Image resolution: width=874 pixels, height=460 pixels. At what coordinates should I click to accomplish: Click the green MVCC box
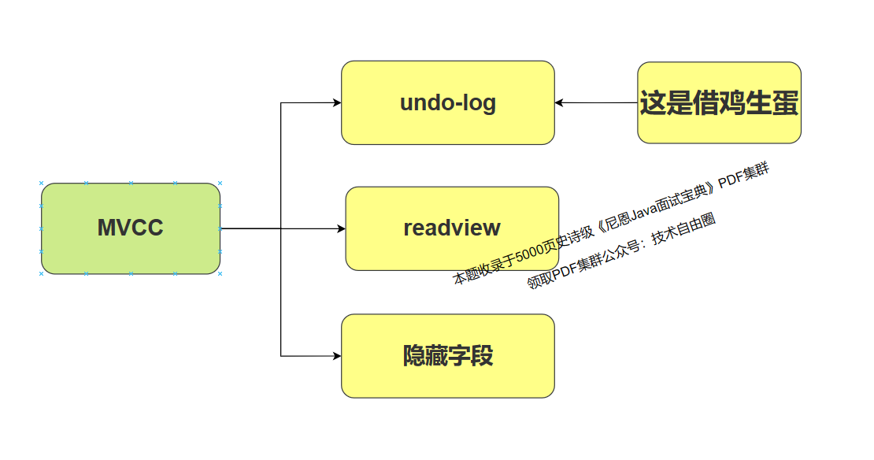pos(131,228)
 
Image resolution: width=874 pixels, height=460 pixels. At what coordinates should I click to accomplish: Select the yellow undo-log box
pos(447,102)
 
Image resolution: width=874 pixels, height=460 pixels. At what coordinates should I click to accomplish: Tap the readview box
pos(452,228)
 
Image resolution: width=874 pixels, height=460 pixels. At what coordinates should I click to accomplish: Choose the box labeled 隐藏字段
pos(447,356)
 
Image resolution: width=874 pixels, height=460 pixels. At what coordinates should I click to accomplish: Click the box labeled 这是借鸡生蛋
pos(719,102)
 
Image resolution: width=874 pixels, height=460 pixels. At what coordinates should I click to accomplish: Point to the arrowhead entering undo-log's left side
pos(337,102)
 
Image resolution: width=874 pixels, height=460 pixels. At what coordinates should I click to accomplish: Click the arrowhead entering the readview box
pos(342,228)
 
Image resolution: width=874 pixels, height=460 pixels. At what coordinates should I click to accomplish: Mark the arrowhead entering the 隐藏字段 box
pos(337,356)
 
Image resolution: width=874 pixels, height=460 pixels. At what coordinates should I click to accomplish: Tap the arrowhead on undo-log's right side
pos(560,102)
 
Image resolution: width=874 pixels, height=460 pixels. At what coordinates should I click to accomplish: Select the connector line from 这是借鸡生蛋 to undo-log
pos(598,102)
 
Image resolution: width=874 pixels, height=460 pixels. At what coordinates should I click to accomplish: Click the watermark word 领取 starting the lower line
pos(538,280)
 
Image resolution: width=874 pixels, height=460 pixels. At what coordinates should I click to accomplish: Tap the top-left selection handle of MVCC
pos(42,183)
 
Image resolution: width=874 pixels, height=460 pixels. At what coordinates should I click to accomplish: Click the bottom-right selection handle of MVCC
pos(220,274)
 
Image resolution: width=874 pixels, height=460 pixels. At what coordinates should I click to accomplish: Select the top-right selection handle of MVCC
pos(220,183)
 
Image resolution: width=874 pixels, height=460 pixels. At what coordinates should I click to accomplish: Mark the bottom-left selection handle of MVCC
pos(42,274)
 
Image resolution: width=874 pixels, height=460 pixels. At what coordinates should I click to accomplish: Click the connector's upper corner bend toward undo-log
pos(281,102)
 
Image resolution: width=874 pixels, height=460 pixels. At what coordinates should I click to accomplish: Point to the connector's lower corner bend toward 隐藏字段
pos(281,356)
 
